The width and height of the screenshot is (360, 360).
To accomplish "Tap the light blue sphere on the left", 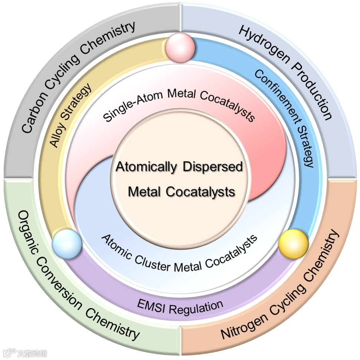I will (67, 244).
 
